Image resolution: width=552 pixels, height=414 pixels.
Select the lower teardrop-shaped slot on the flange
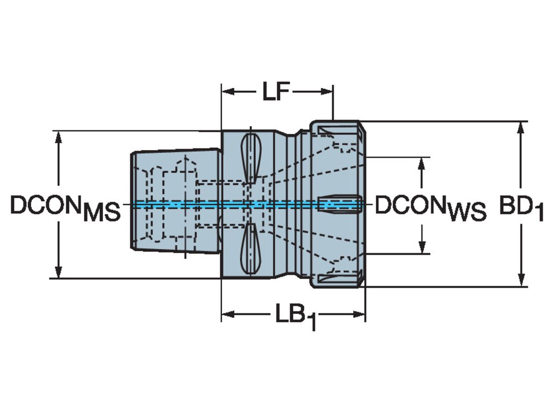click(251, 249)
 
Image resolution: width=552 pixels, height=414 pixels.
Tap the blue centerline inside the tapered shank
click(175, 204)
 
